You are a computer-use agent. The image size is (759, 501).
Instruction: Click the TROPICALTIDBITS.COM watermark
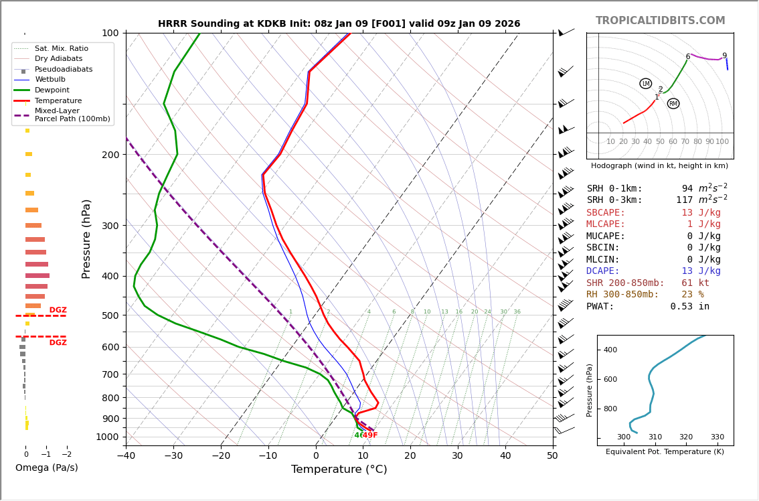[x=660, y=21]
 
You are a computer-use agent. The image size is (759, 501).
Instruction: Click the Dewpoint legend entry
[x=52, y=90]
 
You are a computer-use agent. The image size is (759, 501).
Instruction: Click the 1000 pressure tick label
[x=107, y=437]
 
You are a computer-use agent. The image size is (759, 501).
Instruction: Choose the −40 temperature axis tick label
[x=126, y=456]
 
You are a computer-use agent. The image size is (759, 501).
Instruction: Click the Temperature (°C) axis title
[x=339, y=470]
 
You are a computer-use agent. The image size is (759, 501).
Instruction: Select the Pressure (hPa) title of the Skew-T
[x=86, y=238]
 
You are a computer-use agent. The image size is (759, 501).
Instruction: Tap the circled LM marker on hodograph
[x=645, y=84]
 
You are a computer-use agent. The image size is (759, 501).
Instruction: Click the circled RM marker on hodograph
[x=673, y=104]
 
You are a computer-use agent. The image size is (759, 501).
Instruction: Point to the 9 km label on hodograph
[x=724, y=56]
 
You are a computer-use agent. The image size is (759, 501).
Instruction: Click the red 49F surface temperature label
[x=370, y=435]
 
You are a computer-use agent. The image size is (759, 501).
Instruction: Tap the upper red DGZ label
[x=58, y=310]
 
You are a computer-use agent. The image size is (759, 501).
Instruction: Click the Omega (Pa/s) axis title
[x=47, y=468]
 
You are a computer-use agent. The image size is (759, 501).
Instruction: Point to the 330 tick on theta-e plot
[x=717, y=437]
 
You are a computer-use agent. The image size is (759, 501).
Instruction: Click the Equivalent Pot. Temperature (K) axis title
[x=665, y=451]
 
